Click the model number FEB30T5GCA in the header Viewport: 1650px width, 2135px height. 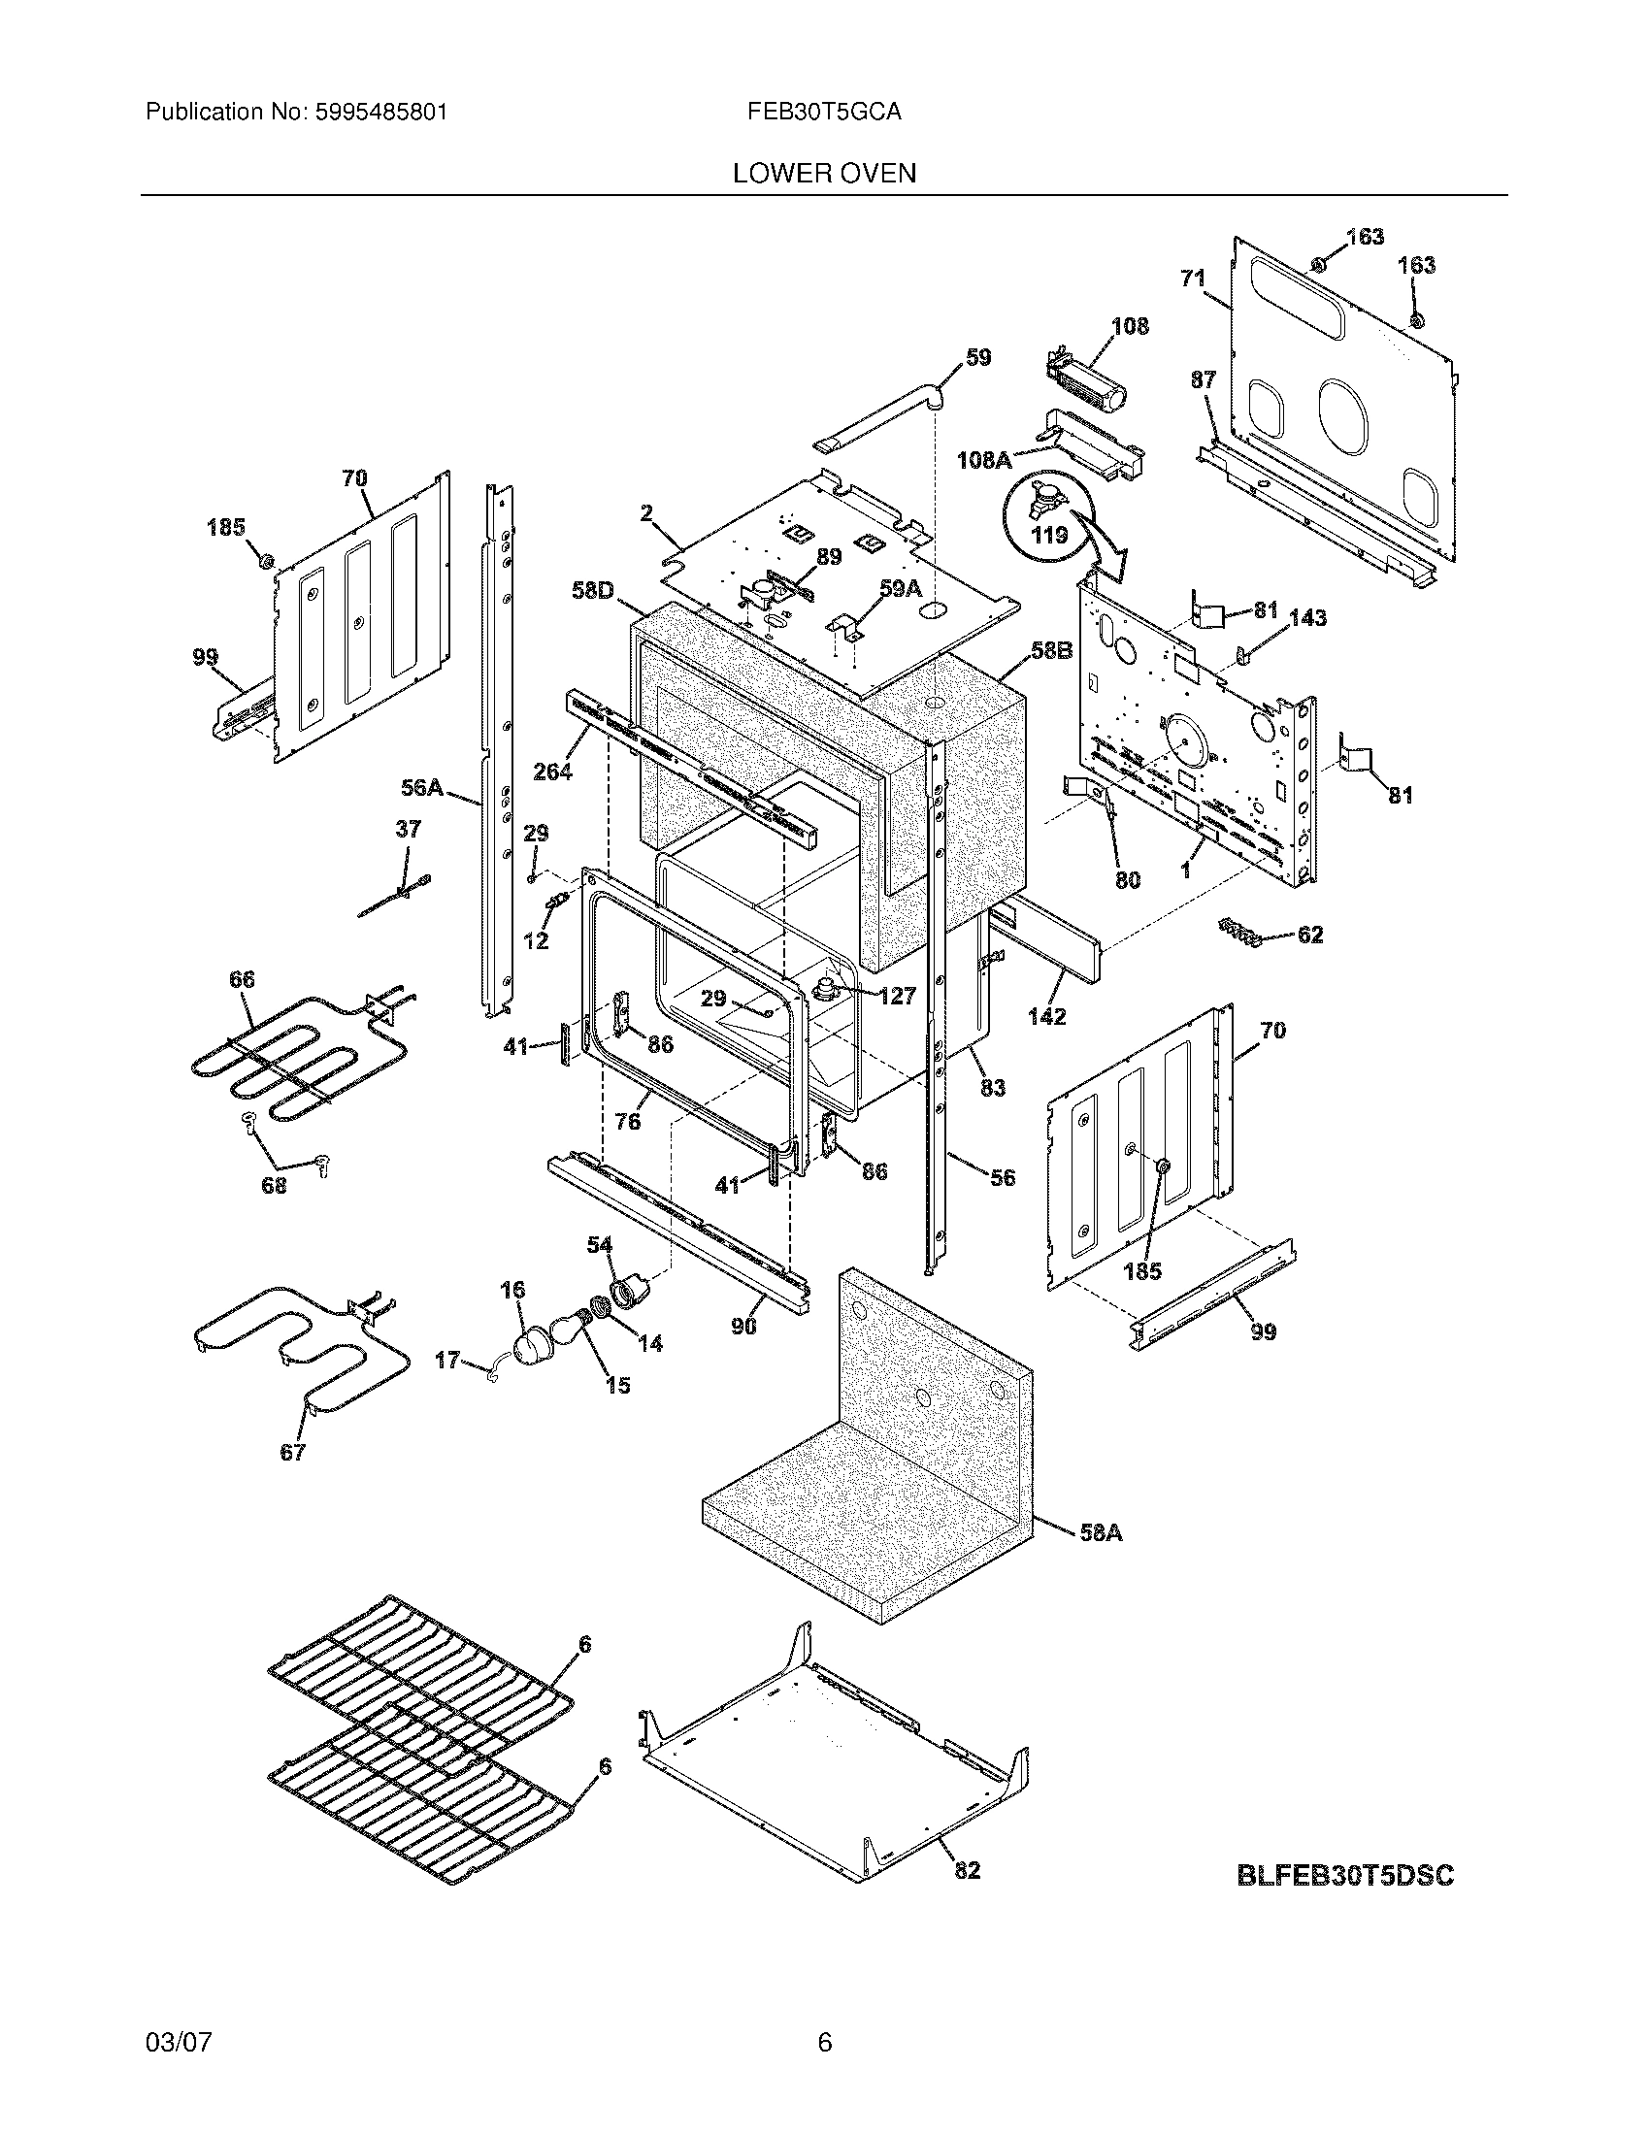coord(824,113)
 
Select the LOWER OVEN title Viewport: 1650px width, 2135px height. coord(824,174)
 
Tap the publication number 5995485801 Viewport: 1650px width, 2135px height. coord(381,113)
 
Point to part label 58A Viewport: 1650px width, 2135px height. coord(1101,1532)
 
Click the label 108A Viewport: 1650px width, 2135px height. coord(983,459)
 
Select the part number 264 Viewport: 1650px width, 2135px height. coord(552,772)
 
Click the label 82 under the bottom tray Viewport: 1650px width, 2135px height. coord(966,1870)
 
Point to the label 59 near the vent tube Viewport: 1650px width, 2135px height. coord(978,358)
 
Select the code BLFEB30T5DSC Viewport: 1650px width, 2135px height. coord(1345,1876)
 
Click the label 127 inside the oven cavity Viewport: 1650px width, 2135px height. coord(897,996)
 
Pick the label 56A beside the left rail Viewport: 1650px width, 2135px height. coord(421,787)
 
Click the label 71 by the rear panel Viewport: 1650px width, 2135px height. coord(1193,279)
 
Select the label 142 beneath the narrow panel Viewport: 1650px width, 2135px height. coord(1046,1017)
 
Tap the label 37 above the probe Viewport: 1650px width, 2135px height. coord(408,830)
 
